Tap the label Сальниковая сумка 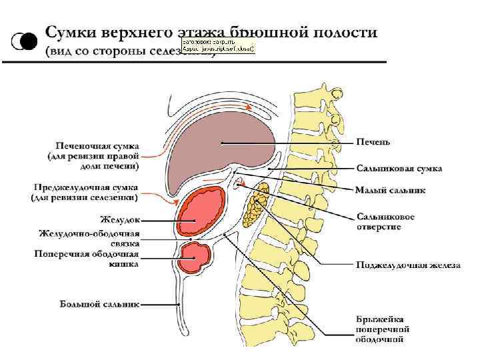(399, 169)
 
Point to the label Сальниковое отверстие (385, 221)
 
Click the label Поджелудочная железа (407, 265)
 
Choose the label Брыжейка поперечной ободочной (382, 329)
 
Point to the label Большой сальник (99, 305)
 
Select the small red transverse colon (197, 257)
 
